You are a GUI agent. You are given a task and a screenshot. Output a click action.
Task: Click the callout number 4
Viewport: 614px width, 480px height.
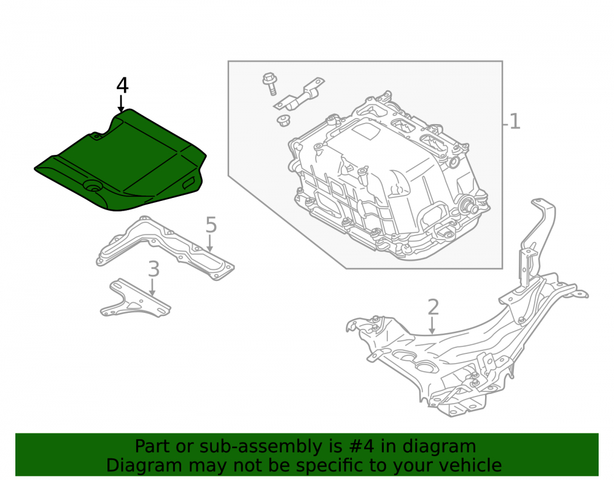pos(122,85)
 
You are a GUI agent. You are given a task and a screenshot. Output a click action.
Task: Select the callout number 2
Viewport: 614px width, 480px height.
pos(433,307)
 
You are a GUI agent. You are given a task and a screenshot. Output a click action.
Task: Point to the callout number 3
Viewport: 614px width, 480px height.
pos(154,269)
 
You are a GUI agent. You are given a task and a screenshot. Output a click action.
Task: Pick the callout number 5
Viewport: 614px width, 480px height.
pos(211,225)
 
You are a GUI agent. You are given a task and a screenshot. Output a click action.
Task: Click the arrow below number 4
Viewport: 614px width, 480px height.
pos(121,104)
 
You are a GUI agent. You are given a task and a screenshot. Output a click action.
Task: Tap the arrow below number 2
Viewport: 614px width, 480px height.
pos(432,326)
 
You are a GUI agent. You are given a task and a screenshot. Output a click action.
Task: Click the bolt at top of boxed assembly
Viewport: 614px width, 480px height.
pos(270,84)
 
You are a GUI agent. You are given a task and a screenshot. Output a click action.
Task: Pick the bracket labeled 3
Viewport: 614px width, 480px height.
pos(134,299)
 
